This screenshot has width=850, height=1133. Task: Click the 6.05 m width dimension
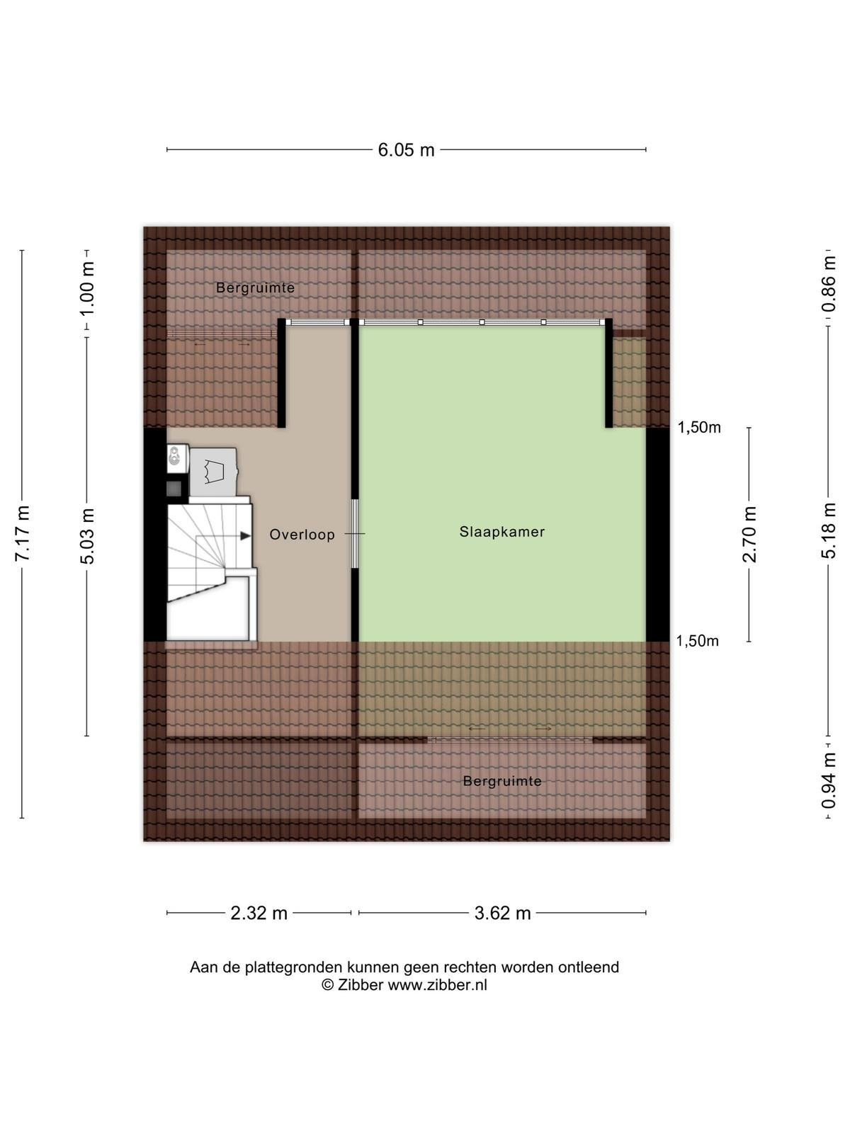406,149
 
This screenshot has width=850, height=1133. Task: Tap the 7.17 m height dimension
23,533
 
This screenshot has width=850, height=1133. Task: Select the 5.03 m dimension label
87,536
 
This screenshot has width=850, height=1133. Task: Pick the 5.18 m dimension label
828,530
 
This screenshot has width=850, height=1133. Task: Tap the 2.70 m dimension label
749,534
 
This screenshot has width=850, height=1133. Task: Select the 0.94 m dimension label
828,781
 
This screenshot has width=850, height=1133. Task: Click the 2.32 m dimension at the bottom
259,913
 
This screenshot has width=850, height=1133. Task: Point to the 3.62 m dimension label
503,913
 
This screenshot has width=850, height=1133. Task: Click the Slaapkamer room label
502,532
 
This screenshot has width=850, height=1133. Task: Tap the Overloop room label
302,534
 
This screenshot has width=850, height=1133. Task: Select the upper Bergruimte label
256,287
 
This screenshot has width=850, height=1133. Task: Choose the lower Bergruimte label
502,781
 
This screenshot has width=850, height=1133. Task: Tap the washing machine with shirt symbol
213,472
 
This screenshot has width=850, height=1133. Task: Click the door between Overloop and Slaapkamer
355,533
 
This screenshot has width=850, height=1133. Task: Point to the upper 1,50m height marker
699,428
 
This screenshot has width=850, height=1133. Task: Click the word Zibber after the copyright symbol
361,985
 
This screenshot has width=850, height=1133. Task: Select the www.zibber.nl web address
438,985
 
